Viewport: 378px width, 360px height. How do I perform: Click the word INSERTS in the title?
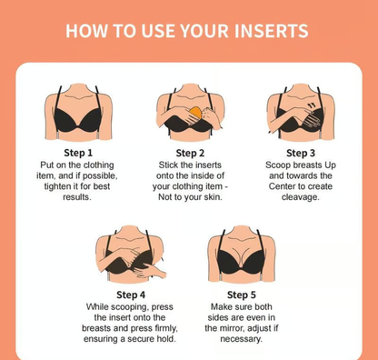272,31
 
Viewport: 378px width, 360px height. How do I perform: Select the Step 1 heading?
78,153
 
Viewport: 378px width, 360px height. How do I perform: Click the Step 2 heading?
190,153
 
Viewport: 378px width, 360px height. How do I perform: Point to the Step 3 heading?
301,153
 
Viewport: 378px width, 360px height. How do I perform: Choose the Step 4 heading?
131,295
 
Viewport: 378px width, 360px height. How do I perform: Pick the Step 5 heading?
242,295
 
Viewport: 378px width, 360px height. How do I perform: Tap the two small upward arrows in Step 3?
311,105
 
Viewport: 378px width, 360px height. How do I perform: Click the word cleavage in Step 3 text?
301,197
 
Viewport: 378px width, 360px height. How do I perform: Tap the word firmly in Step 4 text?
165,328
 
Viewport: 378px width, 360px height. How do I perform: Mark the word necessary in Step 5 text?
241,339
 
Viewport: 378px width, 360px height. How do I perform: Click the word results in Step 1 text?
77,197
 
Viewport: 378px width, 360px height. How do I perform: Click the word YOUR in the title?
204,31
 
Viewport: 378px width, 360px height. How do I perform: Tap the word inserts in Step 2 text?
208,165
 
